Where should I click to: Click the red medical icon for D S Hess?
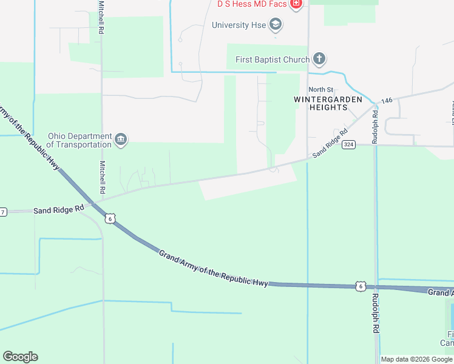click(296, 5)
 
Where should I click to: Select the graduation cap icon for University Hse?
click(276, 25)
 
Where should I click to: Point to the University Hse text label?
click(239, 25)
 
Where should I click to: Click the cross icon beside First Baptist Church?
click(319, 59)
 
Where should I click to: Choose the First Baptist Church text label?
click(272, 59)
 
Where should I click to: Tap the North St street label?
click(321, 90)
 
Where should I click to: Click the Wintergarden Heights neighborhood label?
click(328, 103)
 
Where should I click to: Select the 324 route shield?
click(348, 144)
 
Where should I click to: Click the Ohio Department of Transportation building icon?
click(121, 140)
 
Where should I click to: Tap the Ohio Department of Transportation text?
click(79, 140)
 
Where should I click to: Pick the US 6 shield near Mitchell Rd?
click(109, 218)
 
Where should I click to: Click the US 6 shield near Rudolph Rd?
click(361, 286)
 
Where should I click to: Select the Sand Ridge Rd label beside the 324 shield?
click(330, 143)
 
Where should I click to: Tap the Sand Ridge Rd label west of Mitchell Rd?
click(59, 209)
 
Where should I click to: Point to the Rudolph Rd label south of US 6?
click(376, 312)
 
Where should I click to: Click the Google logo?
click(20, 357)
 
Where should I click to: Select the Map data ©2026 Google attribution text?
click(416, 359)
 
